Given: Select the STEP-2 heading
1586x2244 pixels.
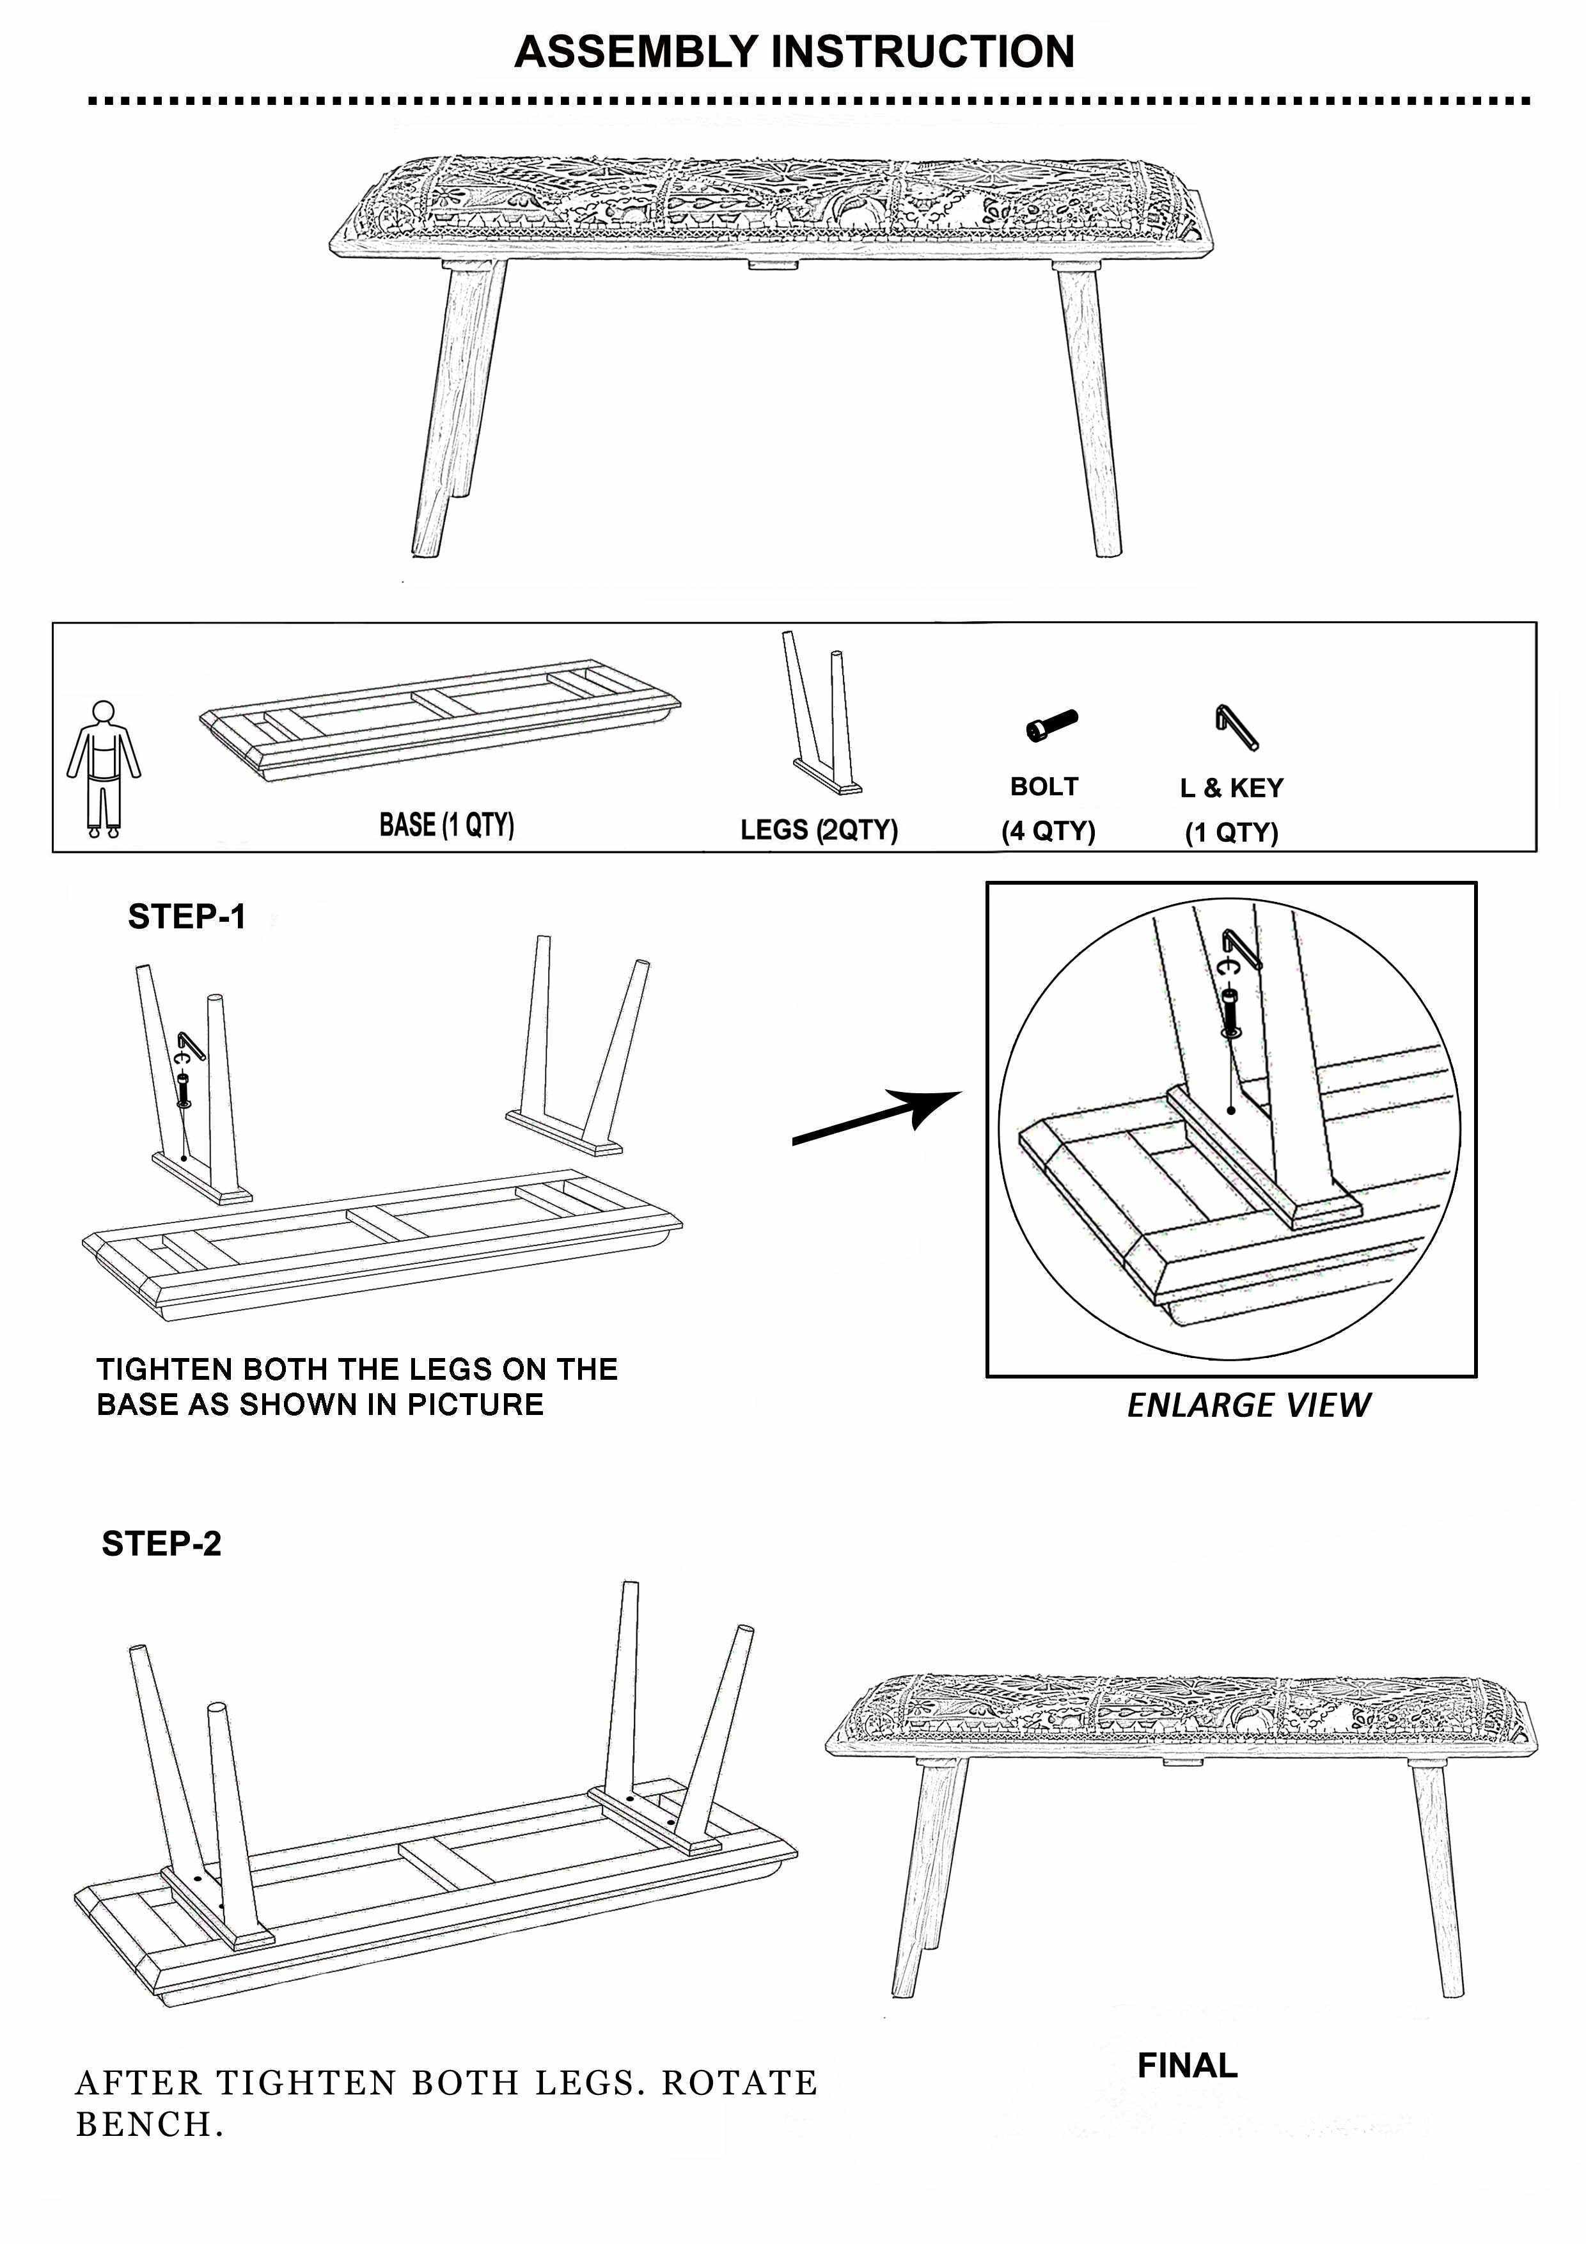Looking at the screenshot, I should click(161, 1544).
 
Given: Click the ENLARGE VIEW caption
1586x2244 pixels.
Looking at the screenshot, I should click(1248, 1405).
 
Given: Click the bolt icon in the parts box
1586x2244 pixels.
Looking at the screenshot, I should click(1051, 725).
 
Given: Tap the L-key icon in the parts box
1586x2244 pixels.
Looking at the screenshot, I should click(1236, 727).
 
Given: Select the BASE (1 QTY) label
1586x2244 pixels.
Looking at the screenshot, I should click(446, 825).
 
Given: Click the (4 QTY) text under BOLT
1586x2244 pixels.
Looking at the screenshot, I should click(1048, 831).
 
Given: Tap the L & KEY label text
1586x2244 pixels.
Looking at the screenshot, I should click(1231, 787).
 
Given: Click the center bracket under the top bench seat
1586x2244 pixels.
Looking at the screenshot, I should click(773, 264).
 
